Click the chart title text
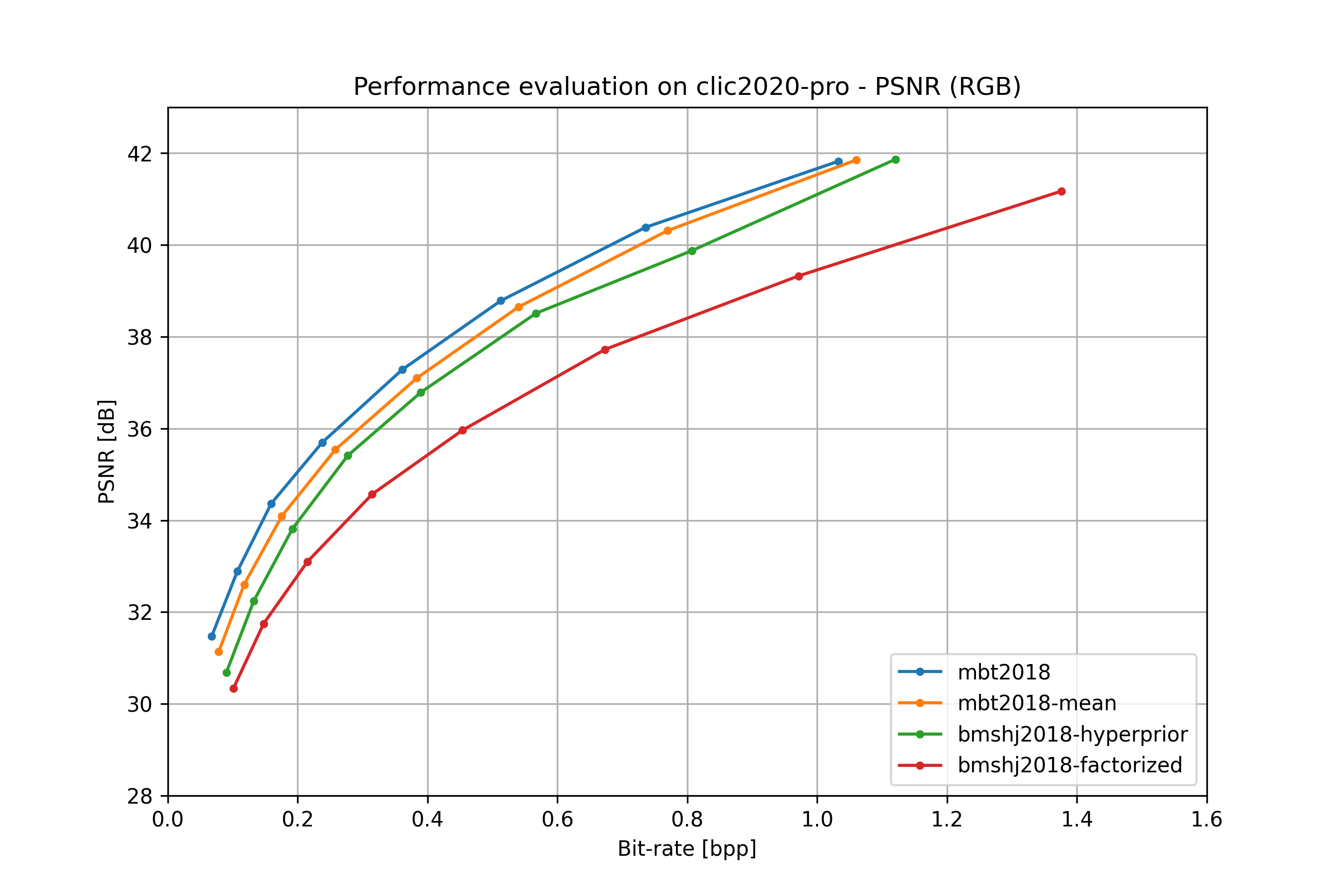[687, 86]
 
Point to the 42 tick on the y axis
[140, 154]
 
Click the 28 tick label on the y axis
[140, 796]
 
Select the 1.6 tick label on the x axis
[1206, 820]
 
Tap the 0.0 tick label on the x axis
[168, 820]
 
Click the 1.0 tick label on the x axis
[817, 820]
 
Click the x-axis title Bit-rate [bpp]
[687, 848]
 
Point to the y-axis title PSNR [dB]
[107, 451]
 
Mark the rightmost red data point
[1061, 192]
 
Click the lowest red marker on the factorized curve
[234, 689]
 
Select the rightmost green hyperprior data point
[895, 159]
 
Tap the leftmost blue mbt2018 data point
[212, 636]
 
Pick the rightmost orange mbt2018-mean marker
[856, 160]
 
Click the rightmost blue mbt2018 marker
[838, 162]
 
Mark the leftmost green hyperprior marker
[227, 673]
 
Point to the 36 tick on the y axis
[140, 429]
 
